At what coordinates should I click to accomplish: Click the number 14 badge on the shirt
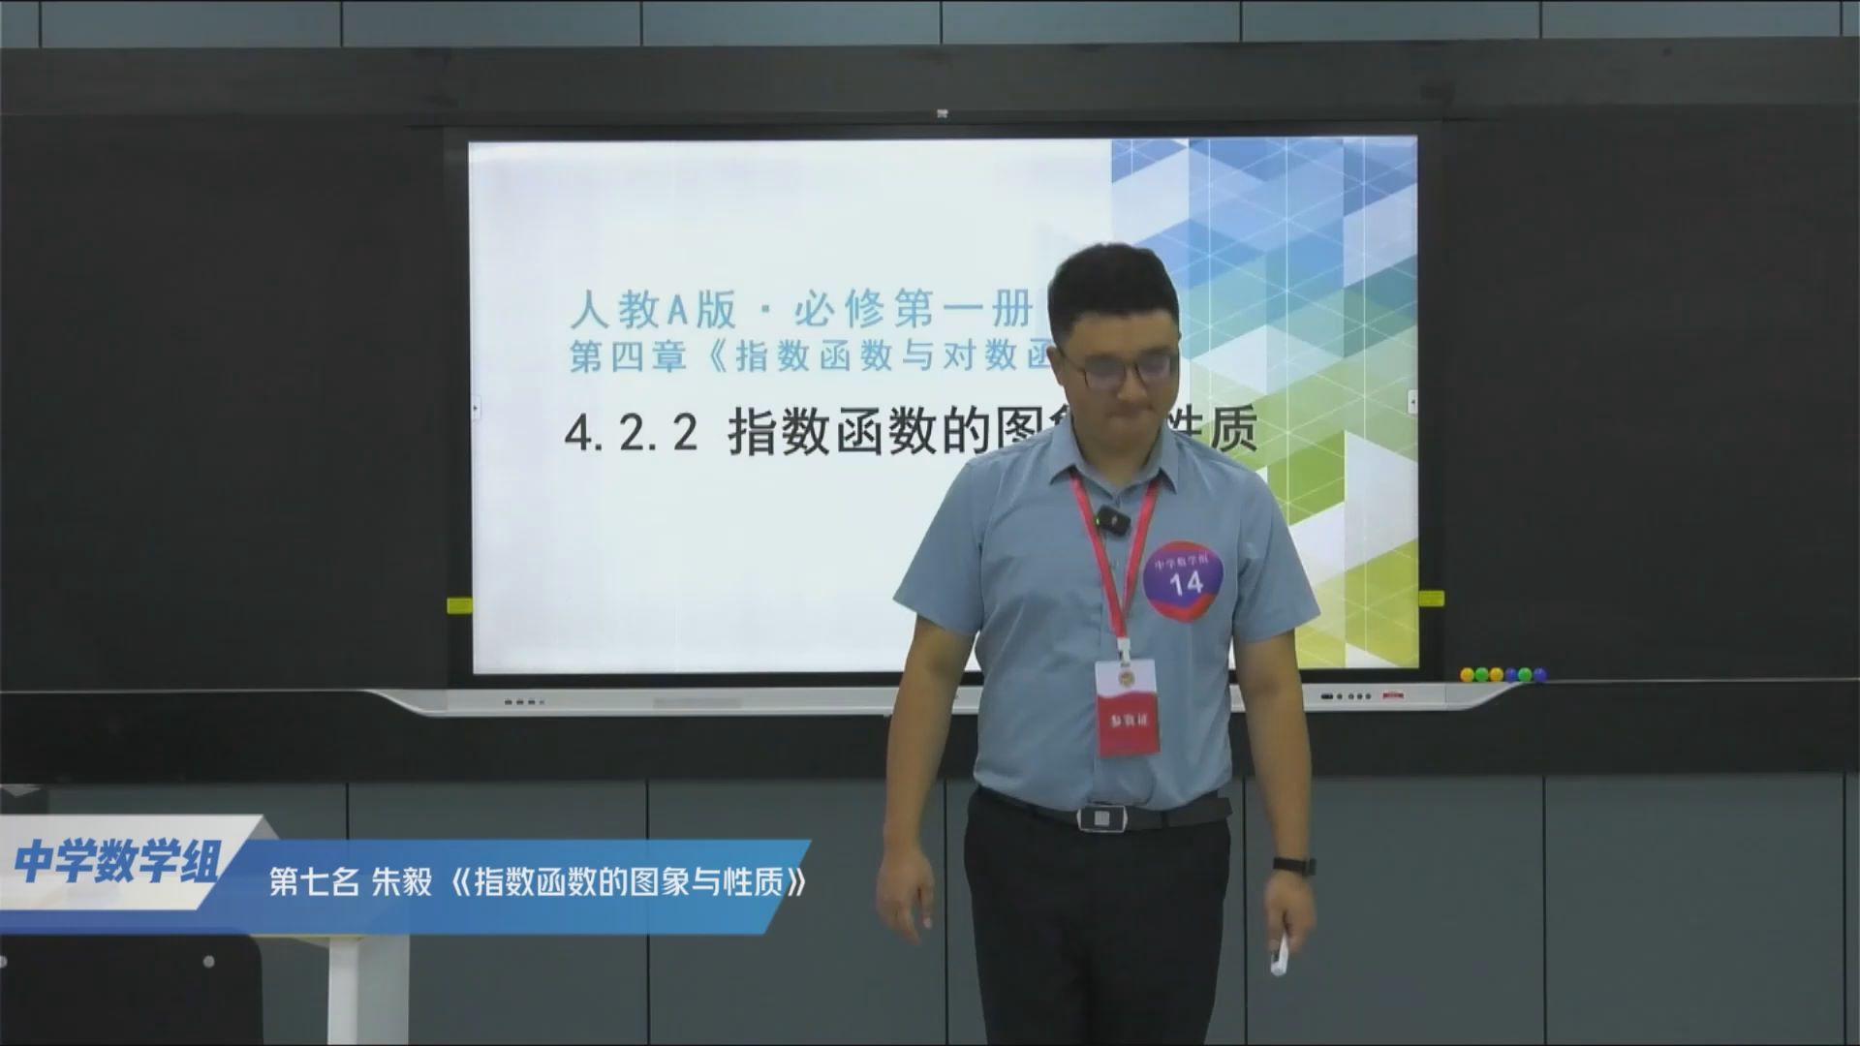click(1184, 580)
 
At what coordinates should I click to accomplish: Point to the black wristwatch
click(1293, 865)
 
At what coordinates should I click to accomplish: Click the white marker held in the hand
click(1280, 954)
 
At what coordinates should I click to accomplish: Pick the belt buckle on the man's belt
click(1103, 817)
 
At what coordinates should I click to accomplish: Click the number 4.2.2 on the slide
click(631, 433)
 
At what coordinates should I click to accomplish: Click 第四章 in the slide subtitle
click(630, 357)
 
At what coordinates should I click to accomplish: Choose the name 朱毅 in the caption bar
click(402, 883)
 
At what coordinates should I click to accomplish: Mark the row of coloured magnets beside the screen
click(1503, 674)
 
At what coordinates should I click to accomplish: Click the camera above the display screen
click(941, 114)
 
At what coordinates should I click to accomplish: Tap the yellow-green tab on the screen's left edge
click(458, 604)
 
